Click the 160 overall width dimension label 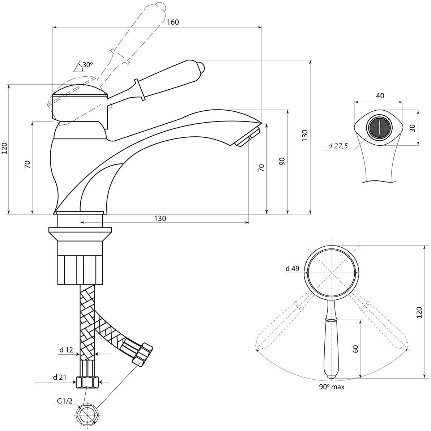(x=173, y=22)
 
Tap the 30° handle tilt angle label (x=88, y=65)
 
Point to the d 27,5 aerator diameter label (x=338, y=146)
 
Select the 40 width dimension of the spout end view (x=380, y=96)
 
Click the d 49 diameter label (x=292, y=268)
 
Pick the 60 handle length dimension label (x=355, y=349)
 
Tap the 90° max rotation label (x=332, y=387)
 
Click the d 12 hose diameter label (x=66, y=350)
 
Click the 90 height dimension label (x=282, y=161)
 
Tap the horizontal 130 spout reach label (x=160, y=218)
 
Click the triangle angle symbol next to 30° (x=77, y=67)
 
